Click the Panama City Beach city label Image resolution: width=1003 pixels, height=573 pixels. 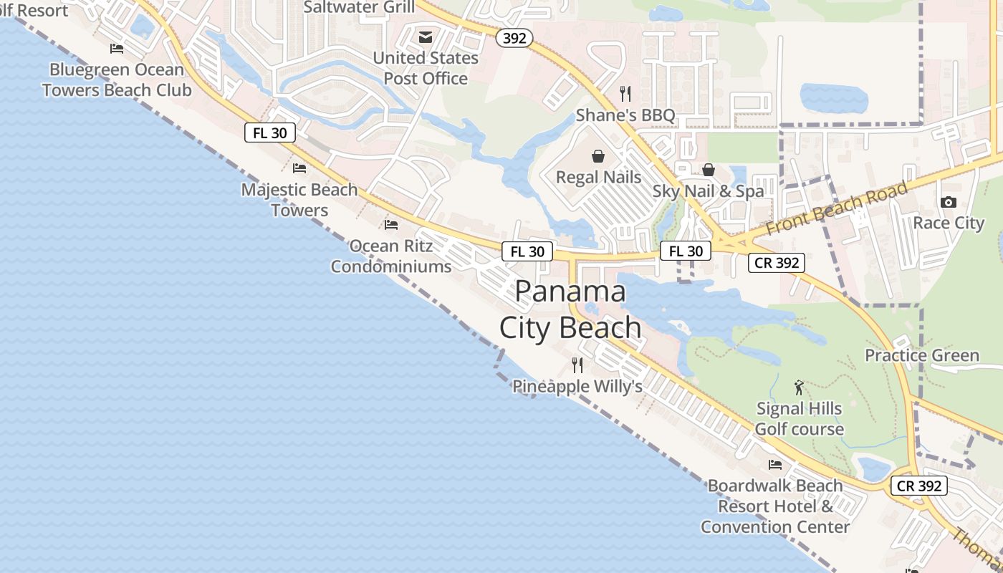coord(570,309)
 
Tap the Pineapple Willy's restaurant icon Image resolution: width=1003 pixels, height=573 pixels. coord(577,365)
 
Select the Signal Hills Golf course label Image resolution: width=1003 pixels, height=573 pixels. coord(800,419)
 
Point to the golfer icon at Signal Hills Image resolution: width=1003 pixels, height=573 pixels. coord(800,388)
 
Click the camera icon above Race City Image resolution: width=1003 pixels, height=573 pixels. coord(949,203)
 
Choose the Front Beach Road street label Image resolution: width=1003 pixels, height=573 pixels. coord(837,208)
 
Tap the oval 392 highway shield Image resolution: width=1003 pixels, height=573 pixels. coord(514,38)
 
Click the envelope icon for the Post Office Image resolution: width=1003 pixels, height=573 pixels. coord(426,37)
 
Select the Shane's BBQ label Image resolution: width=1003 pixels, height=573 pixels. coord(625,115)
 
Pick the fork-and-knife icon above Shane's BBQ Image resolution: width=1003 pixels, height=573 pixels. coord(625,93)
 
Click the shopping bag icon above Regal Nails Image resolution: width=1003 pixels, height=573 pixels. coord(598,156)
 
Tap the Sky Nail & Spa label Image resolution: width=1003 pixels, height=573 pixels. coord(708,191)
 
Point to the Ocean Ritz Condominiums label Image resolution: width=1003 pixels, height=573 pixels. coord(391,256)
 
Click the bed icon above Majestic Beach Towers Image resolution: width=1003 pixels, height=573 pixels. coord(299,168)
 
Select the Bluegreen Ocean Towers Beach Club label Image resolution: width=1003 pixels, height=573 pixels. coord(117,80)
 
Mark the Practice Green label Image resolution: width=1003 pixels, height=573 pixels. coord(922,355)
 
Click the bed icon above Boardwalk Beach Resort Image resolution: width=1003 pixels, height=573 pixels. coord(775,464)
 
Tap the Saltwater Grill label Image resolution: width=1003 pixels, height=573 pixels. coord(359,7)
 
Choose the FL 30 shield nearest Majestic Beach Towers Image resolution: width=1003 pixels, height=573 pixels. coord(270,133)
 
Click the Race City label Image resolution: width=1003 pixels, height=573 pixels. coord(949,223)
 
